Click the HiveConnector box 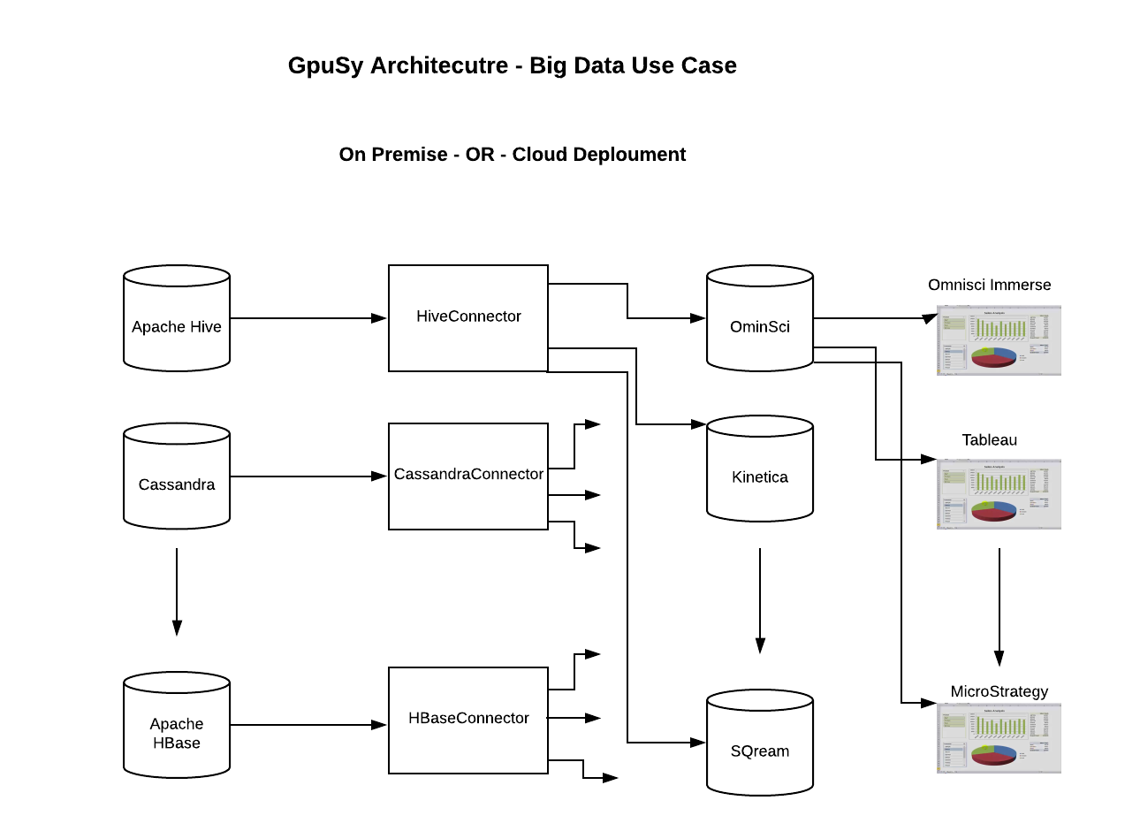(x=468, y=318)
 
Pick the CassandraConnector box (x=468, y=476)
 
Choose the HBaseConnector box (x=468, y=720)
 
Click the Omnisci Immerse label (x=989, y=285)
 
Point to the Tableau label (x=989, y=439)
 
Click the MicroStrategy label (x=999, y=691)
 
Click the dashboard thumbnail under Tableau (x=999, y=494)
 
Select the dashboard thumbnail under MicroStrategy (x=999, y=739)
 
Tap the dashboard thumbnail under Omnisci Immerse (x=999, y=340)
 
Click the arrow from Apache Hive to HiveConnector (x=308, y=318)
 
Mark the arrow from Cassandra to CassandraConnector (x=308, y=476)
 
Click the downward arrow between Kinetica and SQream (x=760, y=600)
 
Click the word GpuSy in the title (x=325, y=66)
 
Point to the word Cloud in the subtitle (x=539, y=155)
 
